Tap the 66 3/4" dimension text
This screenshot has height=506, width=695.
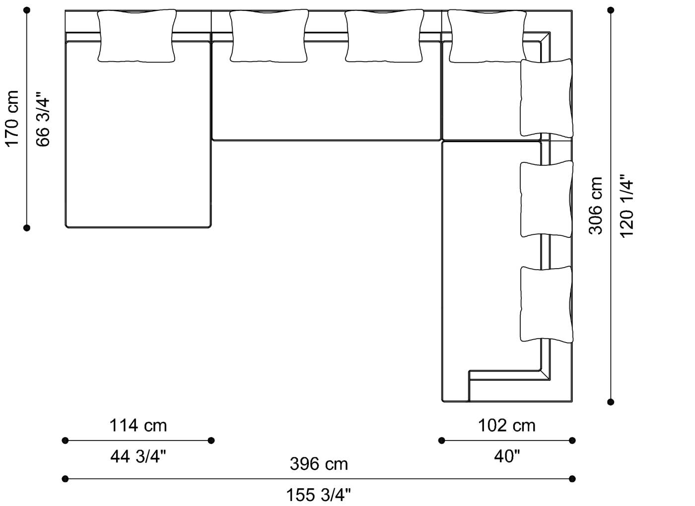click(43, 118)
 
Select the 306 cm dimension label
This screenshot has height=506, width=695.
click(595, 205)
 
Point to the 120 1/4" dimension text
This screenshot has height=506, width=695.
click(626, 205)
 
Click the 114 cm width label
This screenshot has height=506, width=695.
click(138, 426)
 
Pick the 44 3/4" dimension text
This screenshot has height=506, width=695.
click(138, 456)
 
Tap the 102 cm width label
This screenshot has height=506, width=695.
click(506, 426)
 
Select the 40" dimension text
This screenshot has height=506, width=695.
click(506, 456)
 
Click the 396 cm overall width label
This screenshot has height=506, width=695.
click(319, 464)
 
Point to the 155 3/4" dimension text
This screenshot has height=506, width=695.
click(319, 495)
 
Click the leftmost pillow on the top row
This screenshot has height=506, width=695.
click(137, 36)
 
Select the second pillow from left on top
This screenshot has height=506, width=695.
click(269, 36)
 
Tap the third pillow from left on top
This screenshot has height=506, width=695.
click(384, 36)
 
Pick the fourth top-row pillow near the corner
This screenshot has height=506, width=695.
click(486, 36)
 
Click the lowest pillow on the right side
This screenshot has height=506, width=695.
click(546, 304)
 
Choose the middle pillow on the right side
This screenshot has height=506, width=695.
click(546, 199)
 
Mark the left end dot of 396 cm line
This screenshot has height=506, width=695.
click(65, 479)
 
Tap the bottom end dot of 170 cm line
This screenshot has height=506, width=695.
click(27, 228)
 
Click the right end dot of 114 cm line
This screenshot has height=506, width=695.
click(211, 440)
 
